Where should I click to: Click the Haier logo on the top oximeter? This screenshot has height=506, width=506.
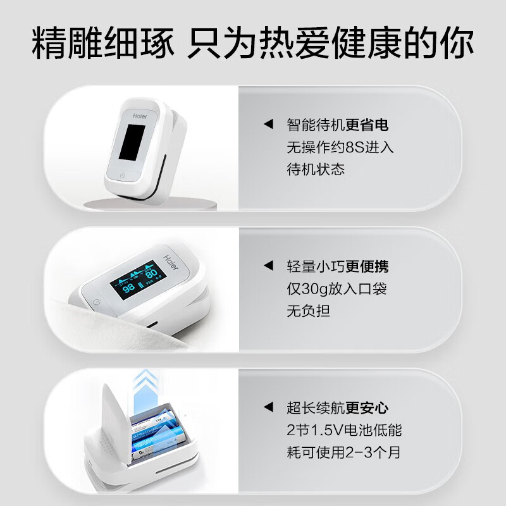coord(140,116)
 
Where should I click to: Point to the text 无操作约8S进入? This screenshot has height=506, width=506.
coord(340,147)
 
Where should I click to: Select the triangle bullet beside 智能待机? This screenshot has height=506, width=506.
coord(268,125)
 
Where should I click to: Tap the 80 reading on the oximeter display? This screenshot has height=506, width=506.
coord(152,273)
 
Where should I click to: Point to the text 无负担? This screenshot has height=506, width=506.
coord(308,311)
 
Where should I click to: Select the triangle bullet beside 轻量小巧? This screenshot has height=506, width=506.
coord(268,266)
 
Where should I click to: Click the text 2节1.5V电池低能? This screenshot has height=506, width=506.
coord(343,431)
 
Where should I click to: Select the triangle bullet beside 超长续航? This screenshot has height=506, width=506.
coord(268,408)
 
